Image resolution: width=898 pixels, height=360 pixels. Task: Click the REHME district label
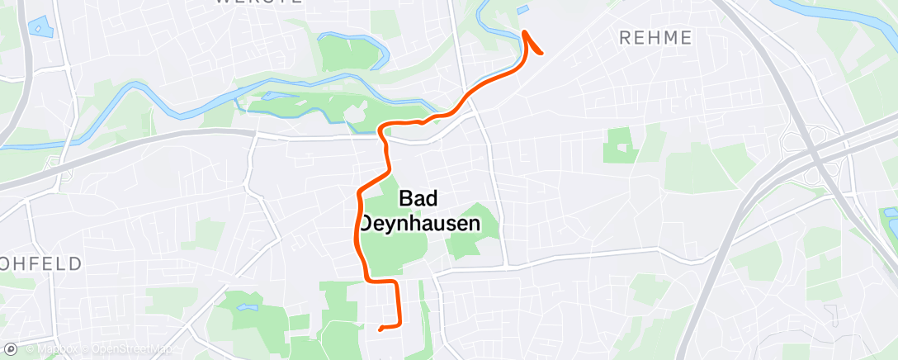tap(655, 37)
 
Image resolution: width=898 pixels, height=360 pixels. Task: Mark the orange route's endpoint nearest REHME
tap(541, 53)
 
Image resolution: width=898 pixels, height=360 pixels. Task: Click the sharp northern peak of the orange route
tap(525, 32)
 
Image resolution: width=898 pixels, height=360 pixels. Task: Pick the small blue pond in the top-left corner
tap(37, 26)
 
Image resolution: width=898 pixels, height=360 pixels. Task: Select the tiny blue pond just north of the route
tap(522, 10)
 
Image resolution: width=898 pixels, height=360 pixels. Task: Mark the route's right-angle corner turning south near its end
tap(395, 282)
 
